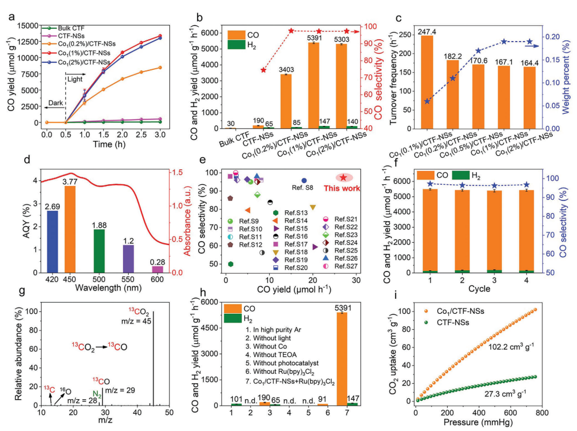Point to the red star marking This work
coord(343,178)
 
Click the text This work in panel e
coord(341,188)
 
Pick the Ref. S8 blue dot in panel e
coord(304,181)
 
